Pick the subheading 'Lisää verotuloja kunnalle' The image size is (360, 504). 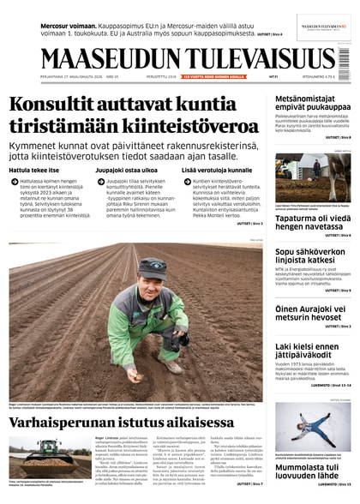click(x=217, y=170)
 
